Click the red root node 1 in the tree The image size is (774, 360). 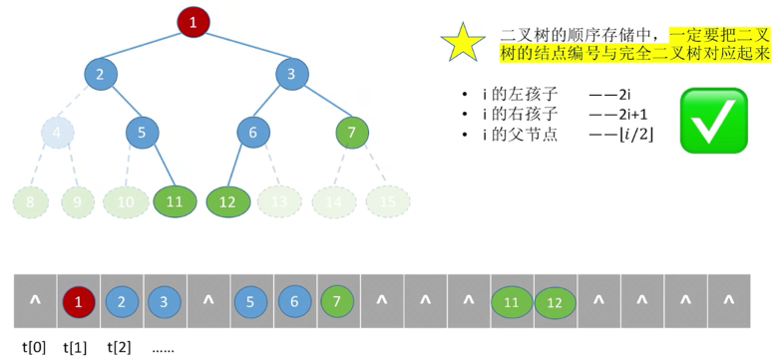click(x=193, y=21)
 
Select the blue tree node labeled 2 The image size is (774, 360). click(x=101, y=73)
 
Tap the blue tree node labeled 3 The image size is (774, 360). click(x=291, y=73)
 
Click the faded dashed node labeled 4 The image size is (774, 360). click(x=58, y=132)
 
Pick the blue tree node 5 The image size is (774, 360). click(x=143, y=132)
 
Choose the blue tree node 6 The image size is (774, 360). click(x=253, y=132)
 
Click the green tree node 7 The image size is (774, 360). click(x=351, y=132)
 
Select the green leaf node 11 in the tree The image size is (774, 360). click(x=175, y=201)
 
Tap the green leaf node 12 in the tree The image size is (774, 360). click(x=226, y=201)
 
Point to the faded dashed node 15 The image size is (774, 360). click(x=387, y=201)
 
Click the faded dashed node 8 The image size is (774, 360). click(x=31, y=201)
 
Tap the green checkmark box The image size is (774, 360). click(x=713, y=120)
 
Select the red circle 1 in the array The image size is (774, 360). click(x=79, y=300)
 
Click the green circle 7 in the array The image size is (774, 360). click(x=338, y=300)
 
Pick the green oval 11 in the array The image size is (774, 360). click(x=512, y=300)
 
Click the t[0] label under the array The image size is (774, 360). click(x=34, y=348)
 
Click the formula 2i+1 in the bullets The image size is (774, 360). click(x=631, y=114)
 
